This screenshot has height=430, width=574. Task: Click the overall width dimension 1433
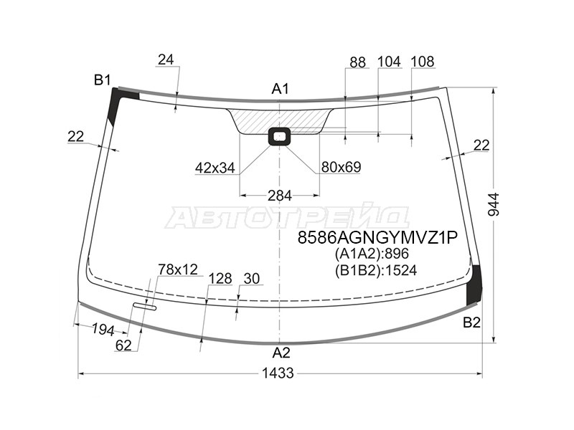coord(278,373)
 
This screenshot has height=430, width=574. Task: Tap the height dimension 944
coord(494,204)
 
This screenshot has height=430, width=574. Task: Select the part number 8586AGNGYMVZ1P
coord(377,238)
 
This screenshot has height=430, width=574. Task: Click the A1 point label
coord(281,88)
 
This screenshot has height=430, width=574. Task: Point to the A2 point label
coord(281,353)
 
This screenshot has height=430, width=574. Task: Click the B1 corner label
coord(102,80)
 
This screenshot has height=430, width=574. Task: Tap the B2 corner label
coord(471,322)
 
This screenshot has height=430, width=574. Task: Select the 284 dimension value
coord(280,196)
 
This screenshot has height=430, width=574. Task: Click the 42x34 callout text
coord(215,168)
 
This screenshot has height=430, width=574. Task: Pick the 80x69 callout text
coord(342,167)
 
